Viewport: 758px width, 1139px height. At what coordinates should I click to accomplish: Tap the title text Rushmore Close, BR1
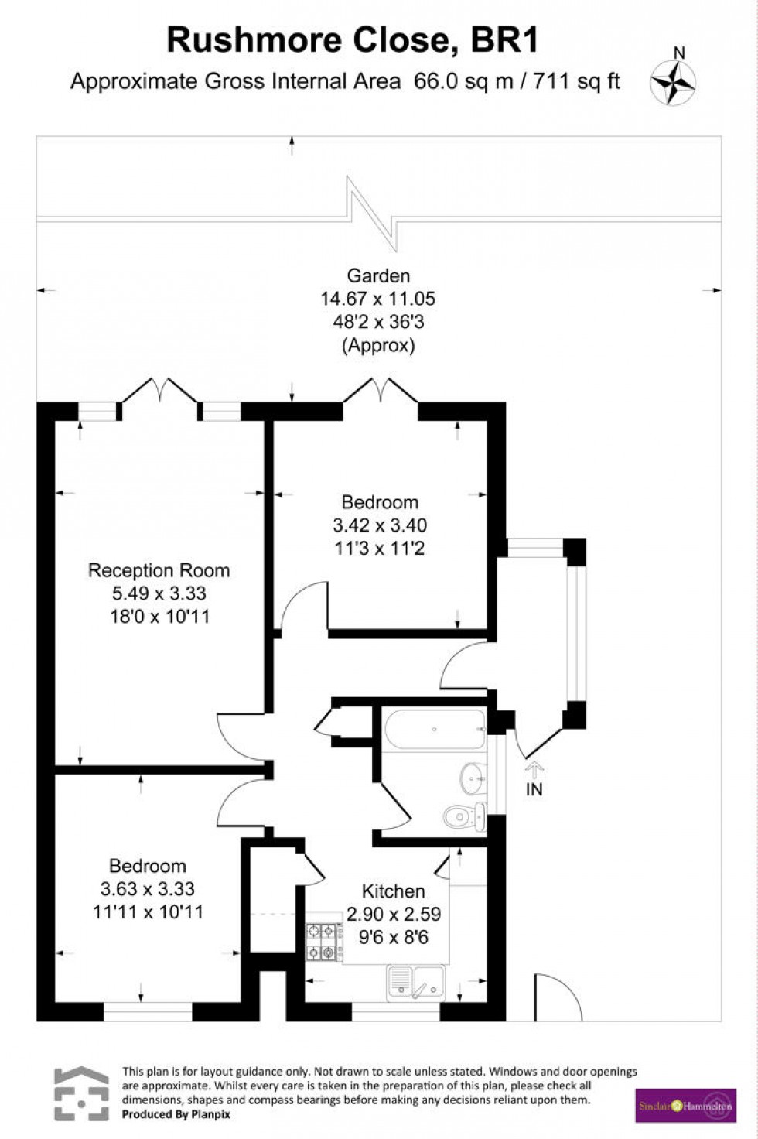(352, 40)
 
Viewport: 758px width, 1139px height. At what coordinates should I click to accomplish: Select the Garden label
(378, 275)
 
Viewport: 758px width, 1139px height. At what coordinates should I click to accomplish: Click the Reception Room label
(159, 571)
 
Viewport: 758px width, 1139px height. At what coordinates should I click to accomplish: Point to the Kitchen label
(393, 891)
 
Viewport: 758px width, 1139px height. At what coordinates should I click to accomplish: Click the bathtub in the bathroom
(435, 729)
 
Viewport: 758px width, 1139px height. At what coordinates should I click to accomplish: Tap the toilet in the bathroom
(465, 816)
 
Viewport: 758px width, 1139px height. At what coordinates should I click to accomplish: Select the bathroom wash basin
(473, 778)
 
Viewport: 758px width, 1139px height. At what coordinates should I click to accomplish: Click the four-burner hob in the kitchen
(324, 942)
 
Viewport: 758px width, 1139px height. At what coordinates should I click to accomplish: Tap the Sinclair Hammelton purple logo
(685, 1106)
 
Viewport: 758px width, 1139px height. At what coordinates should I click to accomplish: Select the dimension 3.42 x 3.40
(380, 525)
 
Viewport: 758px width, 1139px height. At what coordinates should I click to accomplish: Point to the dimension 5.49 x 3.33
(159, 593)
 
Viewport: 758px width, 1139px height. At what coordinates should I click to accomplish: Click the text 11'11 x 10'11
(148, 912)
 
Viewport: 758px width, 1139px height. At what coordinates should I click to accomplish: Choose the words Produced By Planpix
(176, 1114)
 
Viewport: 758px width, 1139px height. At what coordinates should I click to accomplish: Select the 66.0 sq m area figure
(463, 81)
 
